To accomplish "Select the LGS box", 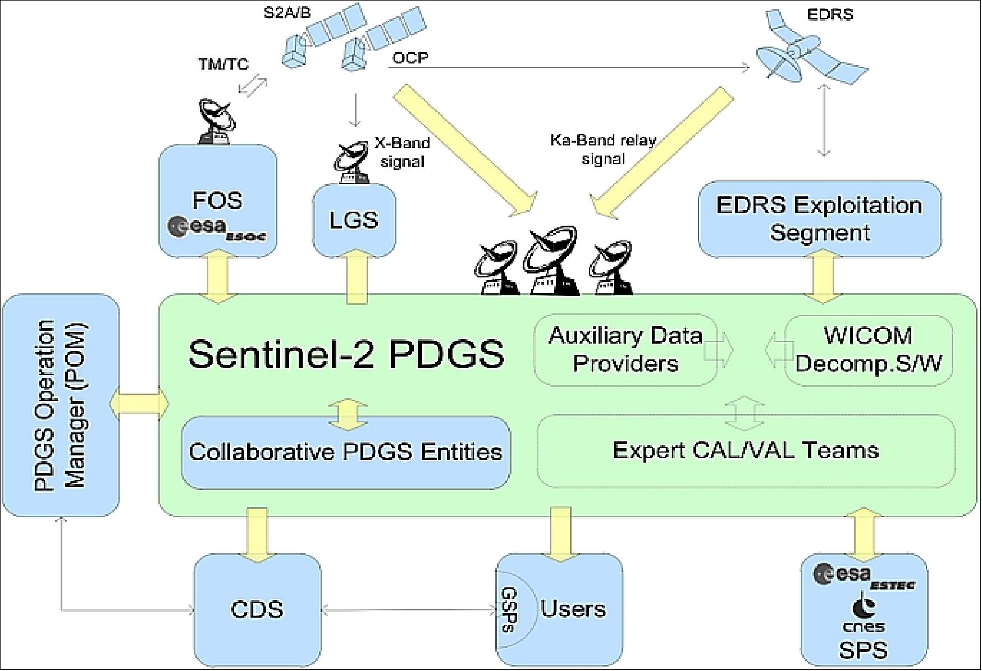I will [x=353, y=220].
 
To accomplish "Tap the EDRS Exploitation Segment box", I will [x=819, y=218].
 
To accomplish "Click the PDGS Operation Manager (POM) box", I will [x=60, y=405].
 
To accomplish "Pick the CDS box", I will [x=257, y=609].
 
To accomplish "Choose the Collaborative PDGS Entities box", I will [x=345, y=452].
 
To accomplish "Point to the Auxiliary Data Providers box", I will [x=625, y=349].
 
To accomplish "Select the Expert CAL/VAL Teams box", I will [x=746, y=450].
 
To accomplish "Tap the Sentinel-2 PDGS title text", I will [x=346, y=354].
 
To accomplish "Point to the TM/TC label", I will [x=223, y=64].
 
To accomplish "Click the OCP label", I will [x=410, y=58].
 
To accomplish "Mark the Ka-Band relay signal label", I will [x=603, y=149].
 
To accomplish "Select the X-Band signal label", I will [x=402, y=152].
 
